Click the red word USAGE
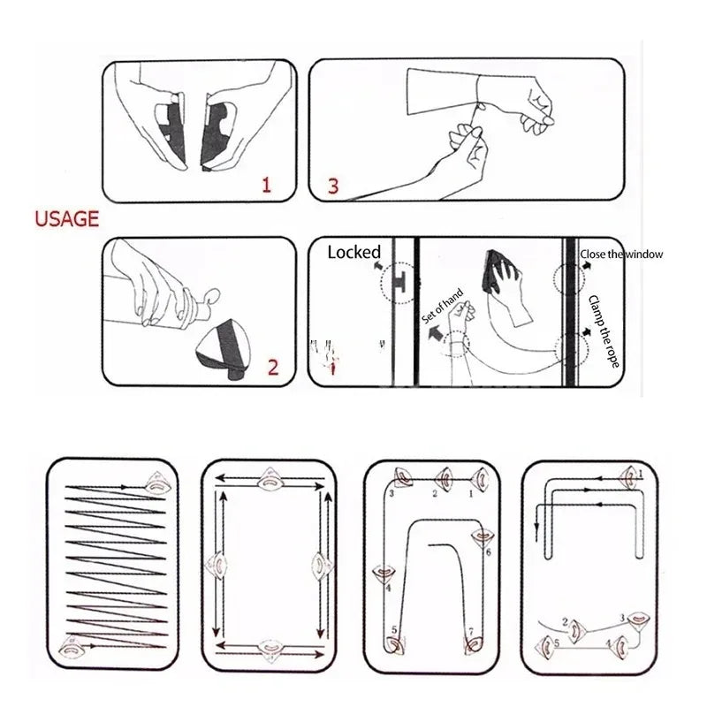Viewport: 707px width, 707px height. click(67, 218)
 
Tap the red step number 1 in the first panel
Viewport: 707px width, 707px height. click(264, 184)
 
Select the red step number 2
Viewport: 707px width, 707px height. click(272, 367)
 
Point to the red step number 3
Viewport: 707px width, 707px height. click(333, 186)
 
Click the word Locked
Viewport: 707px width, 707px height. click(353, 252)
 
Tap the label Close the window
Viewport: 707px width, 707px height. click(621, 255)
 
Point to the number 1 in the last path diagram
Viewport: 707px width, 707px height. click(641, 474)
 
